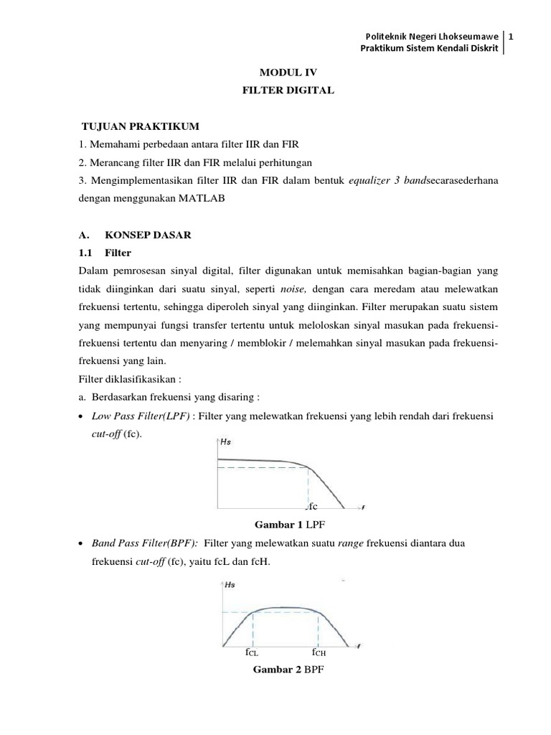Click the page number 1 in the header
pyautogui.click(x=512, y=35)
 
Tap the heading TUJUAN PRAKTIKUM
pyautogui.click(x=135, y=126)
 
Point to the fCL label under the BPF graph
pyautogui.click(x=251, y=653)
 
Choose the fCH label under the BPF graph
pyautogui.click(x=319, y=653)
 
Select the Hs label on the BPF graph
pyautogui.click(x=230, y=585)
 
